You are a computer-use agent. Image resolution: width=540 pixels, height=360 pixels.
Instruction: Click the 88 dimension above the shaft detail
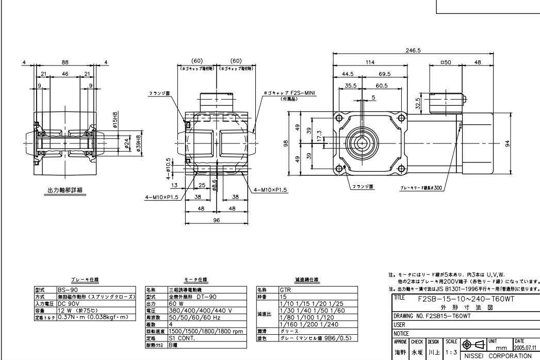pos(64,63)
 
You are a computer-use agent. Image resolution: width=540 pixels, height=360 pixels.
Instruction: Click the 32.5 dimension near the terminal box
pos(419,103)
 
